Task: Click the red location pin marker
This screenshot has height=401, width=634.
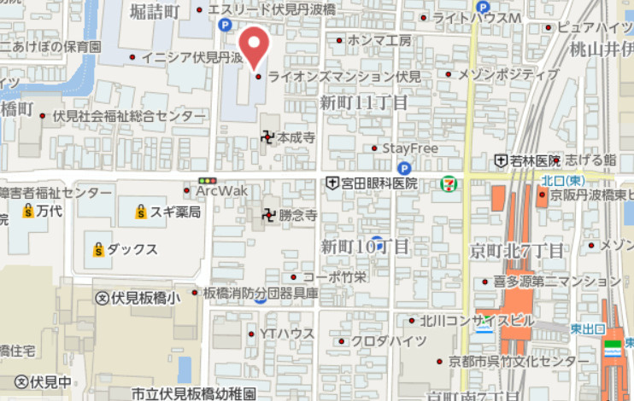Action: point(253,44)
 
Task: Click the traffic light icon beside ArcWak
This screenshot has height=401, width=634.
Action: point(206,180)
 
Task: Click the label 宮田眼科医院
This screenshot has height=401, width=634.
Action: point(379,183)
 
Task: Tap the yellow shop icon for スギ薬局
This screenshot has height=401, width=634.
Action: point(141,212)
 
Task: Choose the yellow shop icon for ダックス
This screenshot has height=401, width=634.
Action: point(98,249)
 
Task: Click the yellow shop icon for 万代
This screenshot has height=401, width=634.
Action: point(28,210)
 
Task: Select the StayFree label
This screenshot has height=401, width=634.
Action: point(410,148)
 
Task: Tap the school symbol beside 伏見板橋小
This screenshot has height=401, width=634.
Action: point(103,298)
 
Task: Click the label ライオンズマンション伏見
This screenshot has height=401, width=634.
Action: point(344,77)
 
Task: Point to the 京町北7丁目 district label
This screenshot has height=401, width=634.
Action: point(516,251)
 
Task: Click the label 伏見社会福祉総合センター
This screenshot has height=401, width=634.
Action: point(129,115)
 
